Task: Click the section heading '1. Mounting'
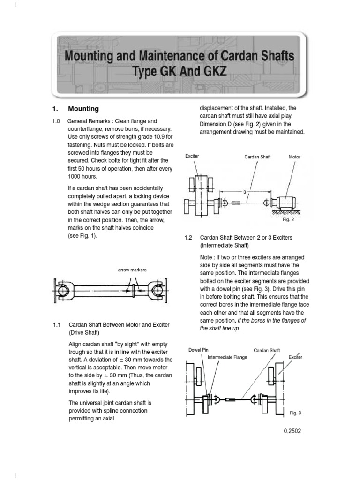[x=75, y=109]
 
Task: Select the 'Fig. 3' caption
[x=295, y=413]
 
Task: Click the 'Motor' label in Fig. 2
[x=294, y=157]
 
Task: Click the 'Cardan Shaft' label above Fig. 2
[x=257, y=157]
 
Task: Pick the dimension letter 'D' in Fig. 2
[x=244, y=192]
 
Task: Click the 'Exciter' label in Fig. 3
[x=295, y=357]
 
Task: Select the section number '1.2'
[x=189, y=238]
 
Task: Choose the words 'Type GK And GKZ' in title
[x=180, y=73]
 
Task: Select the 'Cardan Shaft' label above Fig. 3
[x=267, y=350]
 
